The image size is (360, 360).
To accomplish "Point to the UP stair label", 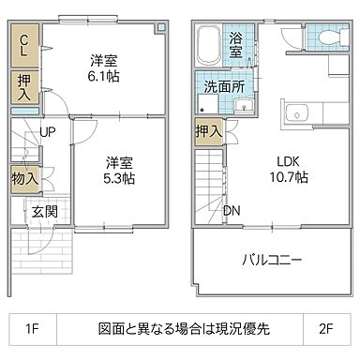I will (x=45, y=133).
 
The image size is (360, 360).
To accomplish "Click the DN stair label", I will (x=231, y=210).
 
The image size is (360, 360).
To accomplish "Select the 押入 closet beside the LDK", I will (x=209, y=132).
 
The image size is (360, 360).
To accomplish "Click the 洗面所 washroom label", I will (x=224, y=87).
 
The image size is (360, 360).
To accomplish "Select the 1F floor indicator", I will (x=33, y=329).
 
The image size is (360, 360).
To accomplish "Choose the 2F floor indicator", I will (x=327, y=329).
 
